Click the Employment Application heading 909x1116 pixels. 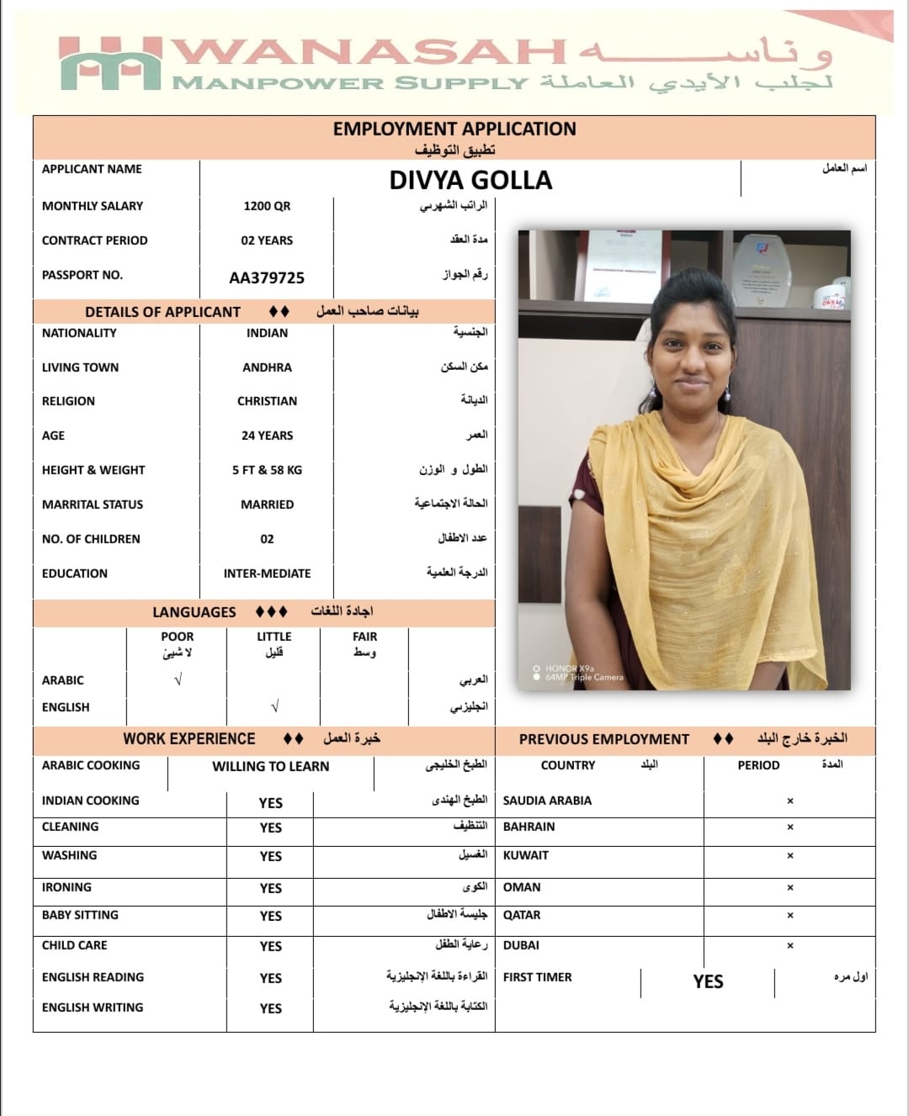tap(454, 129)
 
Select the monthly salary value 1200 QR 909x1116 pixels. tap(267, 206)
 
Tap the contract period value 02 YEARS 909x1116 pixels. tap(267, 241)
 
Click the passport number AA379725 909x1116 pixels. tap(267, 278)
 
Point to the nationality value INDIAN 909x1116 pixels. tap(267, 333)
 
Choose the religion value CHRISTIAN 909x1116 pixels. tap(267, 401)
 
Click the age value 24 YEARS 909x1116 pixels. tap(267, 436)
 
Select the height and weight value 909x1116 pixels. tap(267, 470)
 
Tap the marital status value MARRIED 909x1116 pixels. tap(267, 505)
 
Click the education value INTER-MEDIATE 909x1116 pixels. tap(267, 574)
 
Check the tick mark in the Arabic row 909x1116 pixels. tap(177, 680)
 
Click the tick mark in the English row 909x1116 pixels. tap(274, 706)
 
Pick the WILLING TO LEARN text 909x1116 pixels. tap(270, 766)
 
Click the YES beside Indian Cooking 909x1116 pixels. tap(270, 803)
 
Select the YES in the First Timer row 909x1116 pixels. tap(708, 981)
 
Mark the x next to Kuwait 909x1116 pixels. tap(789, 856)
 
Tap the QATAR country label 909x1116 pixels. tap(522, 915)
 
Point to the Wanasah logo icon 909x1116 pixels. tap(109, 65)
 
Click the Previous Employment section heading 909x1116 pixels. tap(603, 739)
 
